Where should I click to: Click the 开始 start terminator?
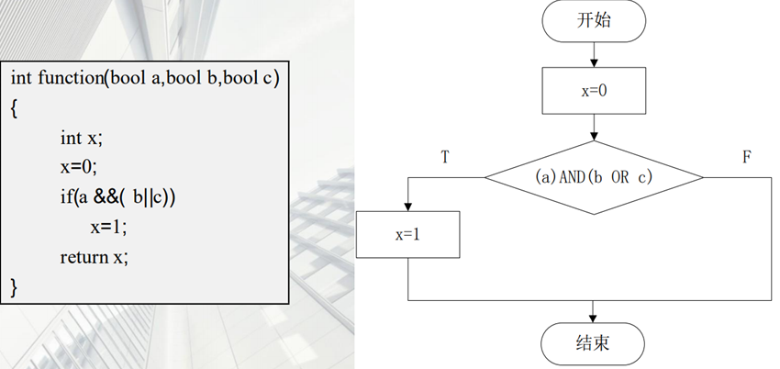[594, 22]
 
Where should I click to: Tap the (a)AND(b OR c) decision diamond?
[594, 177]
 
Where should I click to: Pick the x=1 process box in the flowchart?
[407, 234]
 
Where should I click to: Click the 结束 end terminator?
[594, 343]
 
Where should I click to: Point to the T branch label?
[444, 157]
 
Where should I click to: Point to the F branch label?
[746, 157]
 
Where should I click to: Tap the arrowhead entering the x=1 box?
[407, 207]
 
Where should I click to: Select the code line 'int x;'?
[80, 138]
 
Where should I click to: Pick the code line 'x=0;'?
[78, 167]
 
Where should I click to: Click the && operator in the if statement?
[106, 197]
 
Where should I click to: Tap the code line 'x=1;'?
[108, 227]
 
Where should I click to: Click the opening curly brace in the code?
[15, 107]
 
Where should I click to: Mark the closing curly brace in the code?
[15, 287]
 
